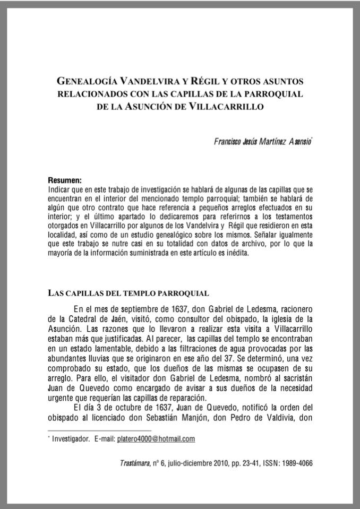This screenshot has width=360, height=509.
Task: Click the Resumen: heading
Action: point(65,180)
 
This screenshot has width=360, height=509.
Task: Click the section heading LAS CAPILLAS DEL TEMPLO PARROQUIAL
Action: point(128,292)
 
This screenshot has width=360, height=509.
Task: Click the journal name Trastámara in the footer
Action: point(135,462)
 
